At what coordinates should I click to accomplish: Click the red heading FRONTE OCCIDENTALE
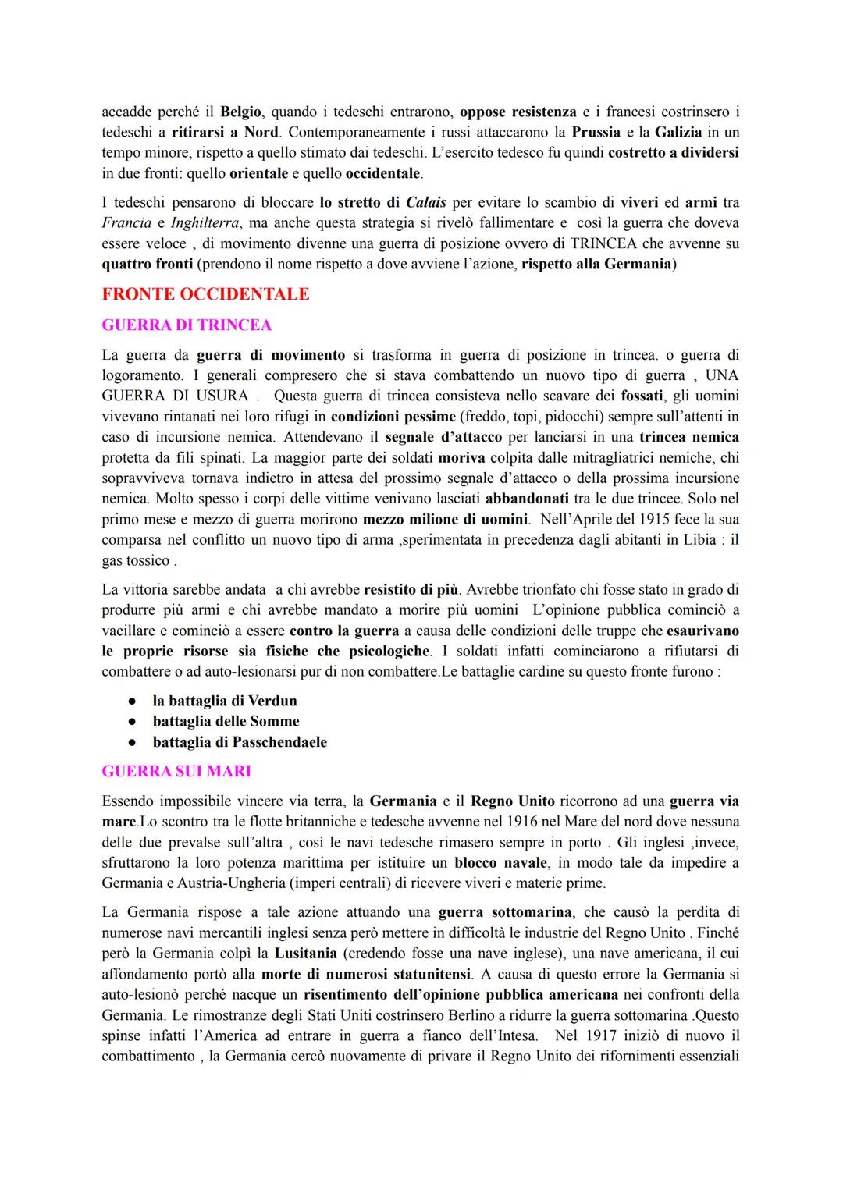click(x=205, y=294)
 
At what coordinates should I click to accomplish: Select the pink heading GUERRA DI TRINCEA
click(x=187, y=325)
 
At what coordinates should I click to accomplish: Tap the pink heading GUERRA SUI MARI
click(x=176, y=772)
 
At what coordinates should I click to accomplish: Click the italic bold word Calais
click(x=426, y=202)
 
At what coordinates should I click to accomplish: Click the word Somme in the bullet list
click(x=275, y=721)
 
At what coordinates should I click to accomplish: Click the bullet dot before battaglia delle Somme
click(x=134, y=722)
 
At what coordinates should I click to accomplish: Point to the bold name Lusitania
click(x=305, y=954)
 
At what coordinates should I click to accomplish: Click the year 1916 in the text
click(x=522, y=822)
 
